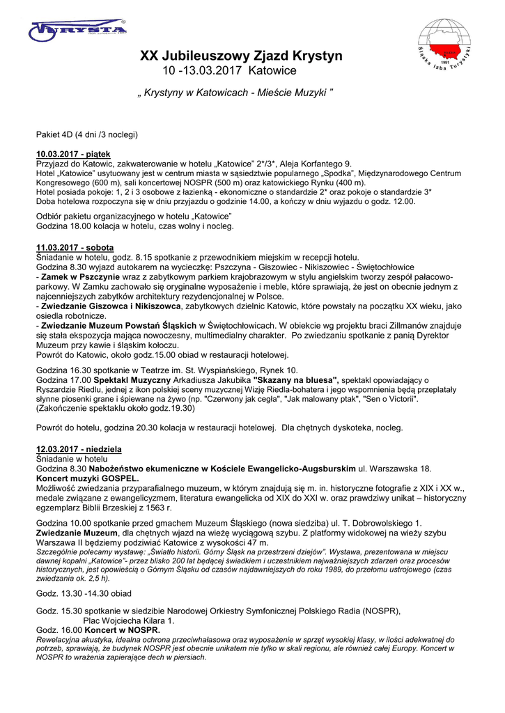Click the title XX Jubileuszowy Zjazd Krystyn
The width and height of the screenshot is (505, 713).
click(241, 56)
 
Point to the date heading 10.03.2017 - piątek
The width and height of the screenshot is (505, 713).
click(73, 154)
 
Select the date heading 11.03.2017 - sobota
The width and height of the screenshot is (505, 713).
click(75, 247)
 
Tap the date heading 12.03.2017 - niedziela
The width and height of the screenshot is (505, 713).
click(78, 450)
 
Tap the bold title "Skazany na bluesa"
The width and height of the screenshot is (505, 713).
click(296, 379)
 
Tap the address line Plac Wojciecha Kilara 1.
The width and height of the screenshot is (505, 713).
click(129, 620)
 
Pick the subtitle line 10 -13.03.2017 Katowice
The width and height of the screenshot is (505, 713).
click(229, 71)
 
